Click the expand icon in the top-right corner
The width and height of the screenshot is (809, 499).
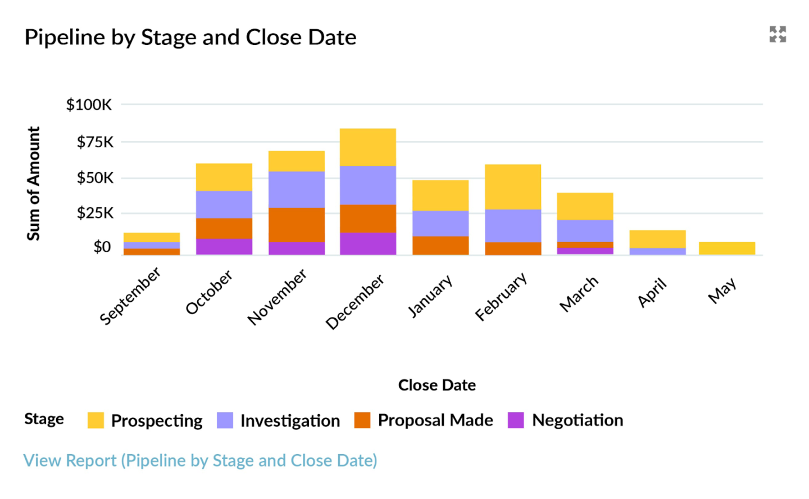[778, 34]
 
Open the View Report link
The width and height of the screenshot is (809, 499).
[200, 460]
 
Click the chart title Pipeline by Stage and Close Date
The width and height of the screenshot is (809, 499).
[190, 38]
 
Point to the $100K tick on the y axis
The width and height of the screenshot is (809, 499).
[89, 105]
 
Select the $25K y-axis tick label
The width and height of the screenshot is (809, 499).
[95, 213]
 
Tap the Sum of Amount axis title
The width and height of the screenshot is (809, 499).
[34, 183]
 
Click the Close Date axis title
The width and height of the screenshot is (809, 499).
[437, 385]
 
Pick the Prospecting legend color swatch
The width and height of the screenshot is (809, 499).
[96, 420]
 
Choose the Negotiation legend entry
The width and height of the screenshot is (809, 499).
[577, 420]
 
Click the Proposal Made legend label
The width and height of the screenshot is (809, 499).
[435, 420]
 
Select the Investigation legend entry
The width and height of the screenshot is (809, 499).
[290, 420]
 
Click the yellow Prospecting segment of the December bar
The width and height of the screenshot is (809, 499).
[368, 147]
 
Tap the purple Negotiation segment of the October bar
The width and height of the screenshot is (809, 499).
[224, 247]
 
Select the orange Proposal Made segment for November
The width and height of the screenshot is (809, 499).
[297, 225]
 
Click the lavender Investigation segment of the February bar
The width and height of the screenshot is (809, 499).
[513, 226]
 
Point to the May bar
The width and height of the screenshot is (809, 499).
[727, 248]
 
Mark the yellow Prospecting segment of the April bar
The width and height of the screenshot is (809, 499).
[657, 239]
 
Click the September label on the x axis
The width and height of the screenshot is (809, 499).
[130, 296]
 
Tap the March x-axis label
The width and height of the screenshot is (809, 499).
[579, 293]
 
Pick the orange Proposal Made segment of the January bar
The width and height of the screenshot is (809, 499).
[440, 246]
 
